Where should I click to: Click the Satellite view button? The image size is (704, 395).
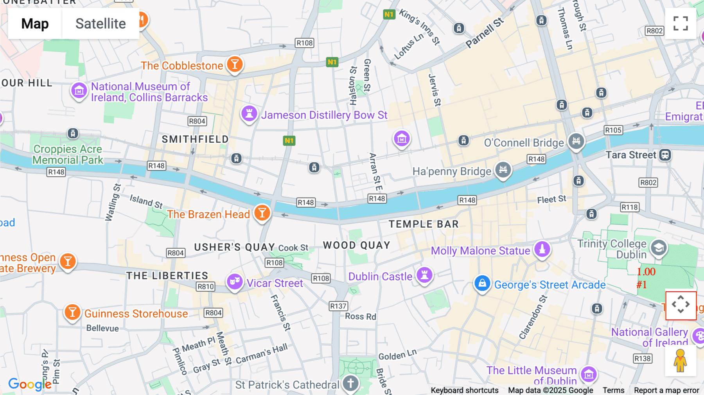[x=101, y=24]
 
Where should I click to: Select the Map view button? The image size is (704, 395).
[x=35, y=24]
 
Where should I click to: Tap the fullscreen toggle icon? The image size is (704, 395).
[x=681, y=23]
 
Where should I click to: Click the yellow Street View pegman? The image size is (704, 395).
[x=681, y=361]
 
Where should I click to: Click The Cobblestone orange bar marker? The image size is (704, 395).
[x=235, y=64]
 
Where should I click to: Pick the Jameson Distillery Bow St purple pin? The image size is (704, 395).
[x=249, y=114]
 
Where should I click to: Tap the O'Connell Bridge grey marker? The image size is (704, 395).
[x=576, y=141]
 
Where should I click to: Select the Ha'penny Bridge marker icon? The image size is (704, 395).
[x=503, y=170]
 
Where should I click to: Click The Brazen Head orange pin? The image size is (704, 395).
[x=262, y=213]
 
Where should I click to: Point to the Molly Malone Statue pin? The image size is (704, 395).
[x=542, y=249]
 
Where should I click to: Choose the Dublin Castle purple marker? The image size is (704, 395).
[x=424, y=275]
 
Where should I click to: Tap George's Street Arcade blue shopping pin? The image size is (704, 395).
[x=482, y=283]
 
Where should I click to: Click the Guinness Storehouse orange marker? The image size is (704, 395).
[x=72, y=312]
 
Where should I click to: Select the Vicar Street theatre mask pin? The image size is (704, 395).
[x=235, y=282]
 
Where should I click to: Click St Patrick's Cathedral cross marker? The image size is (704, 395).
[x=350, y=384]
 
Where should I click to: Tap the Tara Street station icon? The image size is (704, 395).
[x=665, y=155]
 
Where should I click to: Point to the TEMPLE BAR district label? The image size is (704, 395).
[x=424, y=224]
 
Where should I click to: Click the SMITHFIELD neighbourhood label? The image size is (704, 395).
[x=195, y=139]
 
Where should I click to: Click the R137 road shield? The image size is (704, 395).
[x=338, y=306]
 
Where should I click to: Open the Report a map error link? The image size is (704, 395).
[x=666, y=390]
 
